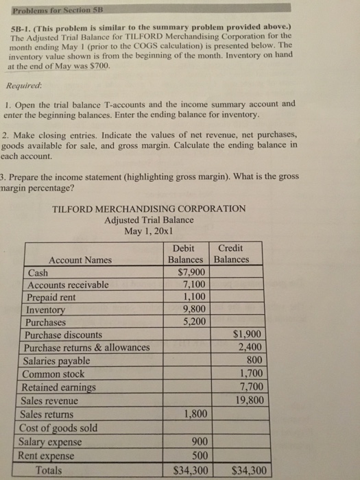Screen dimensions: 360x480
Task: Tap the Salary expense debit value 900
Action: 198,442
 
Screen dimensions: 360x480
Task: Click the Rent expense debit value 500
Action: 198,455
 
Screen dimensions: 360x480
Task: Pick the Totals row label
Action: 48,470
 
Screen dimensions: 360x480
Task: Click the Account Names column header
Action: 80,260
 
